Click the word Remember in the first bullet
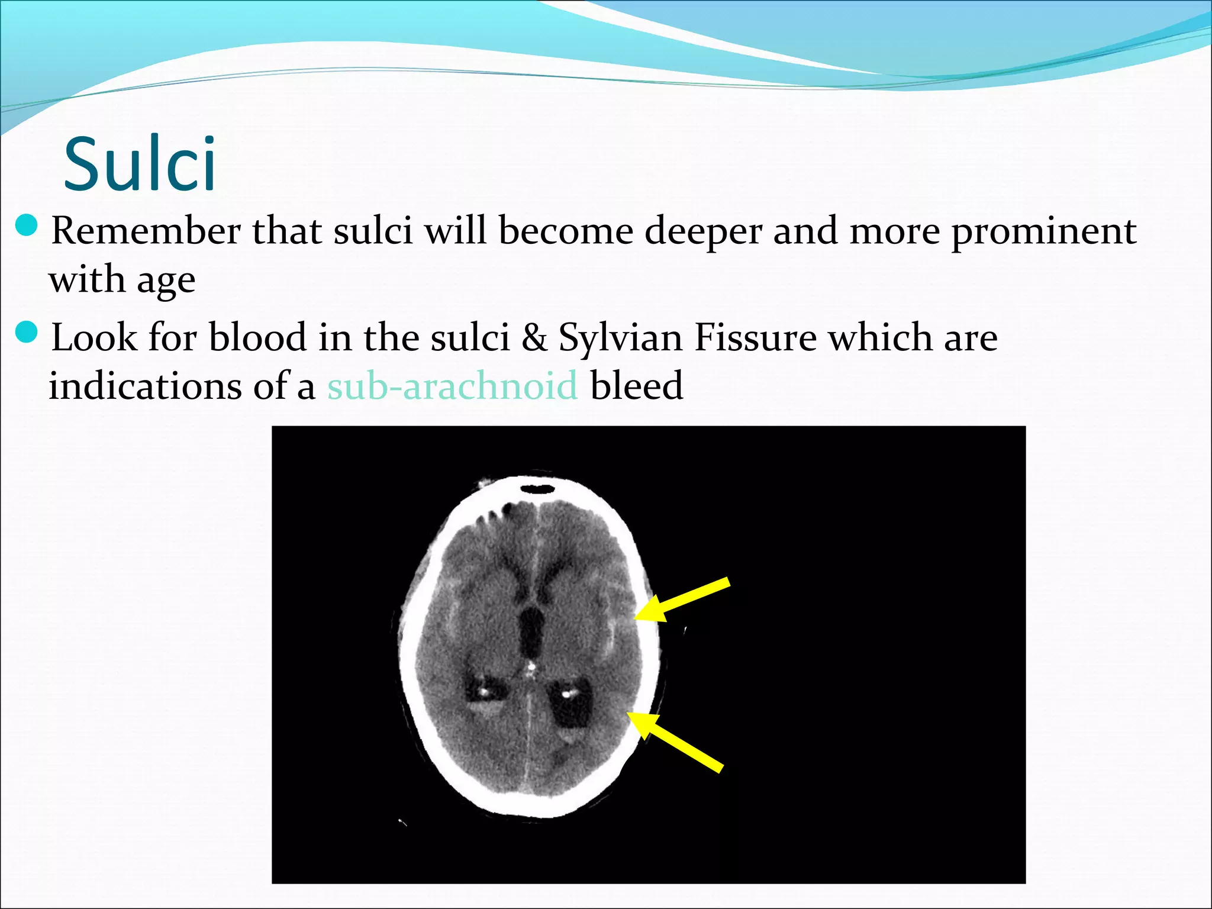coord(146,231)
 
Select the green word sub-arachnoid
coord(452,386)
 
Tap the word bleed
coord(637,386)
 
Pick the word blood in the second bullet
coord(257,337)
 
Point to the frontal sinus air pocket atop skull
coord(537,489)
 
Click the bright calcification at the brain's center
coord(531,668)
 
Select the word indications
coord(146,386)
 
